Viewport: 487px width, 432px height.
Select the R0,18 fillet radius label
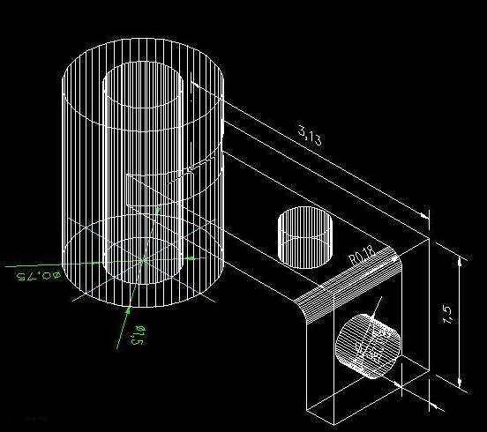click(x=362, y=256)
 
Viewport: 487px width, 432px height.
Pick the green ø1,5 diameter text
click(x=139, y=336)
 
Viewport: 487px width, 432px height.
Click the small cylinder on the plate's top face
click(x=303, y=236)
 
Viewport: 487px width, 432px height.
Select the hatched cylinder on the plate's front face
click(x=368, y=346)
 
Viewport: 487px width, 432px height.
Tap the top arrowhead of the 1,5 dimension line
click(x=460, y=258)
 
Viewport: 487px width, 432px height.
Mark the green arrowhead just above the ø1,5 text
click(x=129, y=309)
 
